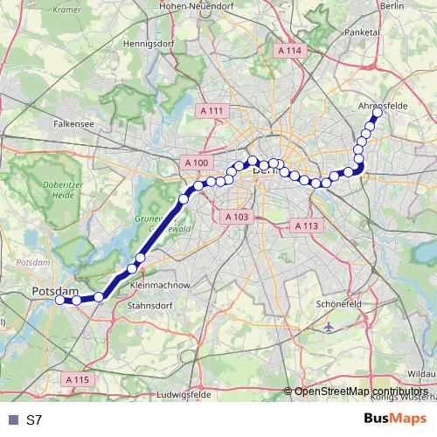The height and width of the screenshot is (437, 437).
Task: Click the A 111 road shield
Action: point(212,111)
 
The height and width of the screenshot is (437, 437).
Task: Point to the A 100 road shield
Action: point(197,163)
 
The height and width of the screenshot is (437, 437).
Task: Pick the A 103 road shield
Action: point(237,216)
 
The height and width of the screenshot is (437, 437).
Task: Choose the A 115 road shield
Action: point(78,379)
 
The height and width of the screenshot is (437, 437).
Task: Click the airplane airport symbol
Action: point(329,326)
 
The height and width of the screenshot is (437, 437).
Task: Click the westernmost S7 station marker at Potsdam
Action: point(60,300)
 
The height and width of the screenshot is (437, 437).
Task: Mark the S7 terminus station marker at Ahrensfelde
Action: point(378,113)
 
